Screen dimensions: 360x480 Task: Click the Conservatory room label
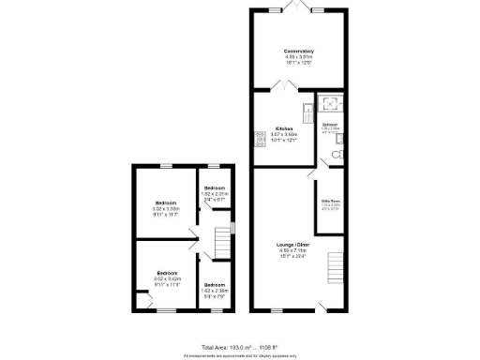(298, 51)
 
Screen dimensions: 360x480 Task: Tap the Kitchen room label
(284, 128)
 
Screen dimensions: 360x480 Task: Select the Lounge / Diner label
(297, 245)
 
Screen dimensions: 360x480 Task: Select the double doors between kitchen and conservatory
(283, 86)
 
